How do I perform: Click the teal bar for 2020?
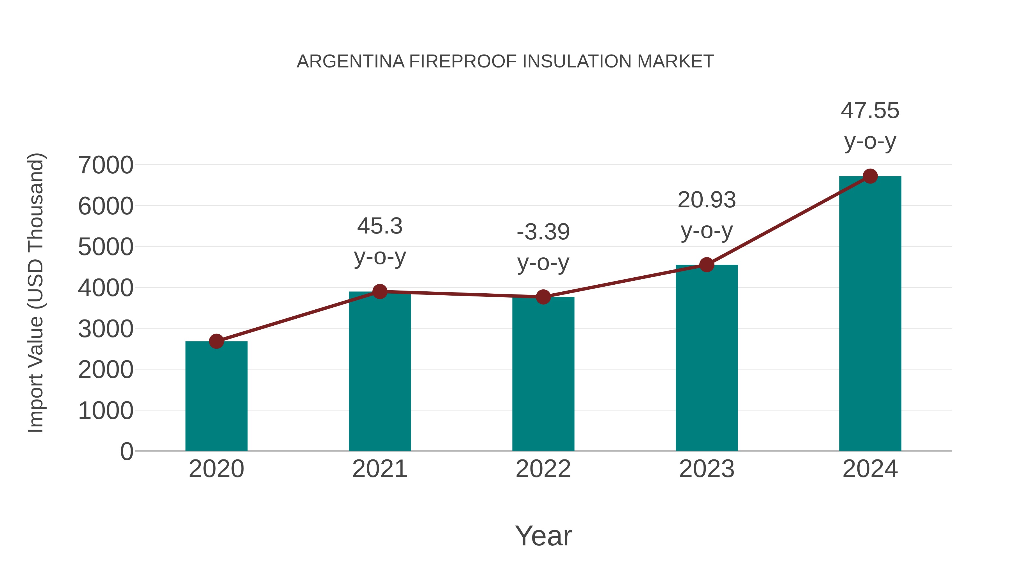(216, 396)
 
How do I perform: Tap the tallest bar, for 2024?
(870, 314)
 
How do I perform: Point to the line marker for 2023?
(707, 265)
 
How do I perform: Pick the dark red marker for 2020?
(216, 341)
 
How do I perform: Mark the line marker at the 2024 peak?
(870, 176)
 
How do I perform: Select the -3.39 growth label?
(543, 232)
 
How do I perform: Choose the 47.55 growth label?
(870, 110)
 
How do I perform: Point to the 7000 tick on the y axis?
(106, 165)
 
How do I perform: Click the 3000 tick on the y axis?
(106, 329)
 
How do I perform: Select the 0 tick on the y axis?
(127, 451)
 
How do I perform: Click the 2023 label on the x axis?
(707, 469)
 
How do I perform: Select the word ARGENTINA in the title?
(350, 61)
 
